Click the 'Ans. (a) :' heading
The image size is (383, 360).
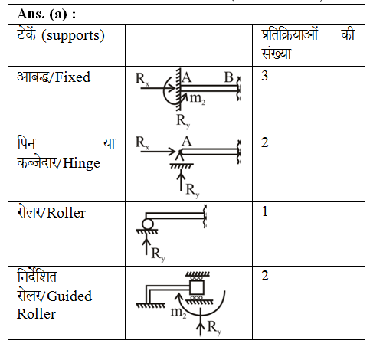(x=46, y=14)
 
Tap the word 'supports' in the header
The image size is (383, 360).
(x=73, y=36)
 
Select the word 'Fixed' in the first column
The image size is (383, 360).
(x=73, y=77)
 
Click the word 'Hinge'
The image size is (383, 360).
(x=81, y=163)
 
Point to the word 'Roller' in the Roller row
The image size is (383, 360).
(x=66, y=213)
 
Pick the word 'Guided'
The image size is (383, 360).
(x=70, y=296)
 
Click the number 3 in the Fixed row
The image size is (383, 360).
(x=265, y=76)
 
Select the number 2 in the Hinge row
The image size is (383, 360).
(x=265, y=142)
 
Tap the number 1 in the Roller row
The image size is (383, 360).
(x=265, y=211)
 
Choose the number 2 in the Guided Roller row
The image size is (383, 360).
(x=265, y=276)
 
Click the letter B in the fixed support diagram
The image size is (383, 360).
(x=228, y=77)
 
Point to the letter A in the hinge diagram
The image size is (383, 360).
(x=187, y=141)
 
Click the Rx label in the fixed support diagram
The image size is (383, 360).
(x=142, y=79)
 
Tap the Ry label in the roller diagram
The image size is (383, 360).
(x=158, y=254)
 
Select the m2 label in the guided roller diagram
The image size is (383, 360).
(x=178, y=313)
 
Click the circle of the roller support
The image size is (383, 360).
(x=148, y=224)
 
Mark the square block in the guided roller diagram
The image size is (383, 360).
(x=197, y=288)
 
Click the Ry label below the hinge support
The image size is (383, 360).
(x=192, y=191)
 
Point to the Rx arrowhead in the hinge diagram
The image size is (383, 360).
(x=172, y=152)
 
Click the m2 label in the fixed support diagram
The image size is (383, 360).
(x=198, y=99)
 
